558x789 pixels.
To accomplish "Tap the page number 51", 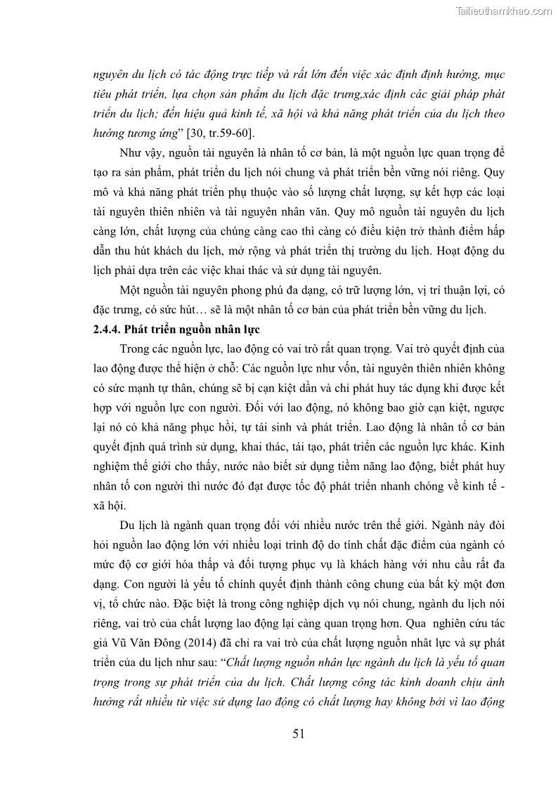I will [x=299, y=734].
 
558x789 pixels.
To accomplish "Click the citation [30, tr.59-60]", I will [x=207, y=131].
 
